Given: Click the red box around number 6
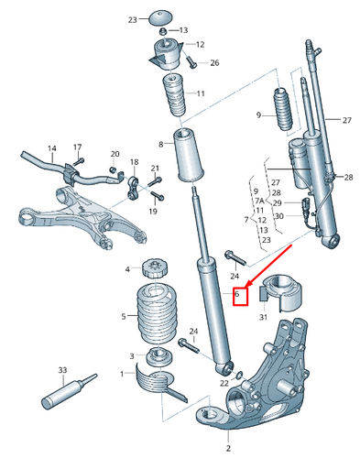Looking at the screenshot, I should [240, 296].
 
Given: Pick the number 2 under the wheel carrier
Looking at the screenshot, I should [228, 448].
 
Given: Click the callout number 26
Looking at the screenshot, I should [214, 62].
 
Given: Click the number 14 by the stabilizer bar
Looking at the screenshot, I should [51, 148].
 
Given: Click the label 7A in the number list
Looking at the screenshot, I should [257, 200].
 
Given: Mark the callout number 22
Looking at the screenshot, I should [224, 383].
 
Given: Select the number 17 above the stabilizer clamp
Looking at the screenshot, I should [78, 147].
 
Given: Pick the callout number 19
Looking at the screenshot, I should [153, 212].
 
